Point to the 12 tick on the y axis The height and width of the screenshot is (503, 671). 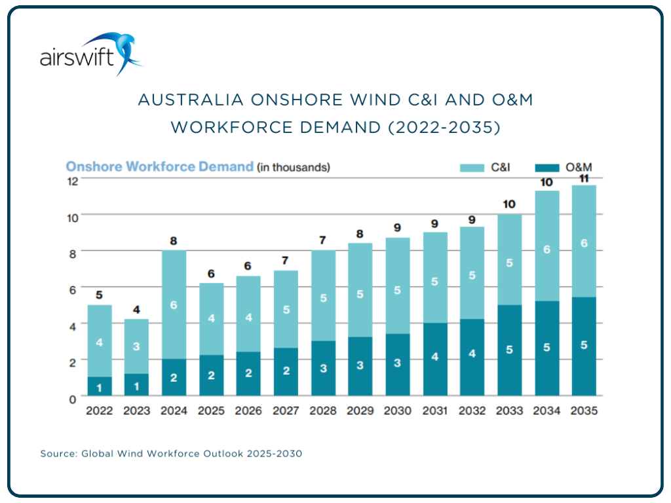click(73, 181)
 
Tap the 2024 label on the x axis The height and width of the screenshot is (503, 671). click(174, 411)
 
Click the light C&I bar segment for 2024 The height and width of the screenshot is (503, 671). click(174, 305)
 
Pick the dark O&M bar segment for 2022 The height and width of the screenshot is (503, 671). click(99, 386)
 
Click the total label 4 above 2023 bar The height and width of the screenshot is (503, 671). click(136, 309)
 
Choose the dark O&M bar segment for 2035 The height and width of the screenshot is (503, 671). click(584, 346)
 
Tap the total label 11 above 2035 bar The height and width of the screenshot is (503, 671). click(584, 177)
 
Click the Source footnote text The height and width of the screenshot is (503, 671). click(171, 453)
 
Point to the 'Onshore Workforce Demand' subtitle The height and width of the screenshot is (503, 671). click(159, 167)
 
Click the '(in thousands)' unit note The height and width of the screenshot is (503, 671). click(293, 168)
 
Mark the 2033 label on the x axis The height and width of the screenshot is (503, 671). click(509, 411)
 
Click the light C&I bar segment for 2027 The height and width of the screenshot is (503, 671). click(286, 309)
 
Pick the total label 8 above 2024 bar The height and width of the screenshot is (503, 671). click(174, 240)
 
